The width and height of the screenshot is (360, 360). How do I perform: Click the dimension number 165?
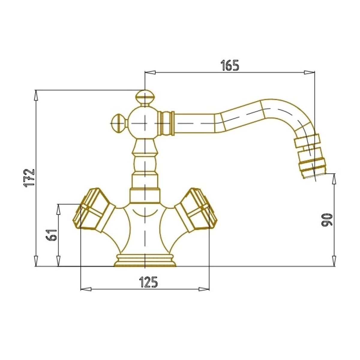coord(229,65)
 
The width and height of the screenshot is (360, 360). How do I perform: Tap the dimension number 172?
coord(29,178)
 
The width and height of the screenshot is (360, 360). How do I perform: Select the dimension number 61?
coord(51,235)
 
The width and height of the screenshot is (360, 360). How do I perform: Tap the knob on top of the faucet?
coord(145,98)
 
